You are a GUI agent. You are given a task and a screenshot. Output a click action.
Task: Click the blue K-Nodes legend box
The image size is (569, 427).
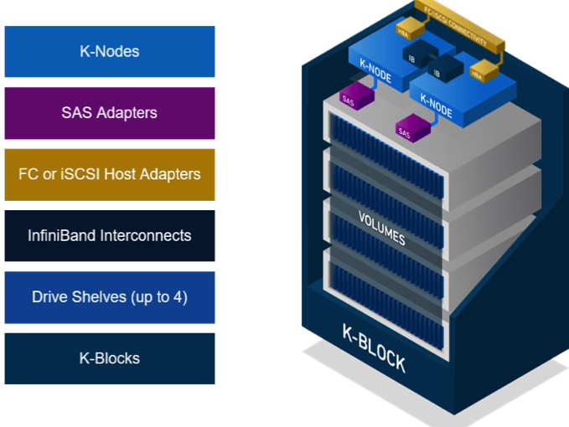click(x=109, y=51)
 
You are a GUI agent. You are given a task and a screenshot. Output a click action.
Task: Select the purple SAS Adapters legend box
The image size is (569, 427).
click(x=109, y=112)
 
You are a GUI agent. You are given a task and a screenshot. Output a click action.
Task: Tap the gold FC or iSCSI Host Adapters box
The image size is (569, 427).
click(x=109, y=174)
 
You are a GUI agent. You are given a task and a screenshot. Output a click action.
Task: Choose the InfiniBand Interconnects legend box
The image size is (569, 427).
click(x=109, y=235)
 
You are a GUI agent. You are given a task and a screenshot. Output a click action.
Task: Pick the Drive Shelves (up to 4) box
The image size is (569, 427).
click(x=109, y=296)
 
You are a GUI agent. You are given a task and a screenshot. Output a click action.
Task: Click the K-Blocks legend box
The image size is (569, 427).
click(x=109, y=358)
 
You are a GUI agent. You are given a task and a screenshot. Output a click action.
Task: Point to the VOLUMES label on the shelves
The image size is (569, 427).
click(x=382, y=229)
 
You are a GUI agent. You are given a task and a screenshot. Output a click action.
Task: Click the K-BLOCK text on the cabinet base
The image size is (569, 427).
click(x=374, y=347)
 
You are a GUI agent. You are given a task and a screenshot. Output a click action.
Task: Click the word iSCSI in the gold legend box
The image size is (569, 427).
click(x=85, y=174)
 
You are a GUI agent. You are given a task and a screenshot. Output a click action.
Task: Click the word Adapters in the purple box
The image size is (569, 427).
click(x=126, y=112)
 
